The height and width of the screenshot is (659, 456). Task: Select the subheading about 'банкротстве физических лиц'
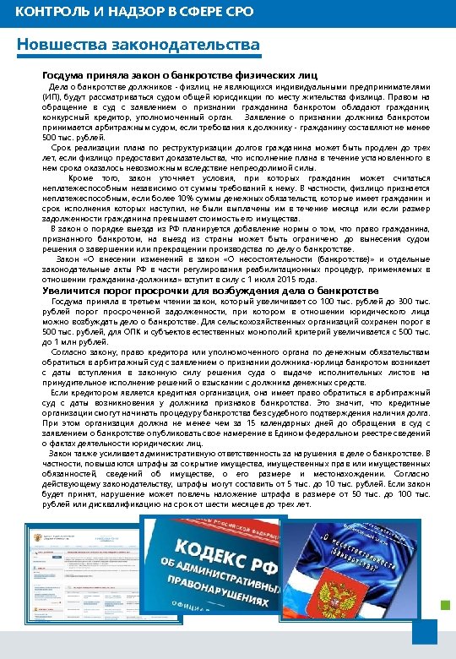click(180, 74)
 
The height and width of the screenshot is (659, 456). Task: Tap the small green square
click(446, 603)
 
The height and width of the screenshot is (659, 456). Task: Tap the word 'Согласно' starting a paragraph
click(68, 349)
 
